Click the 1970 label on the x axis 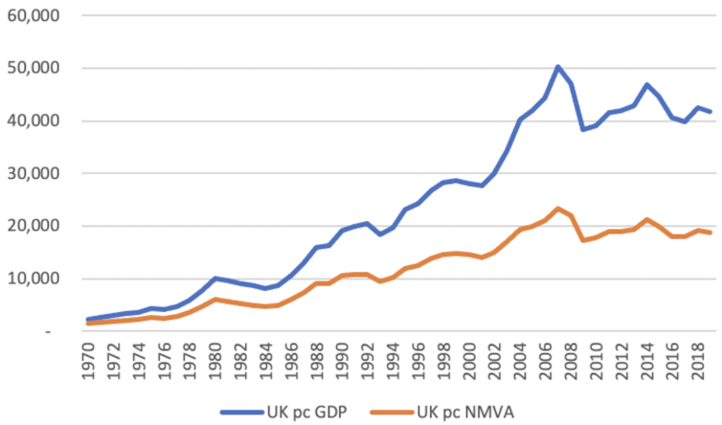(89, 361)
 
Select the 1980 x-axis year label (217, 361)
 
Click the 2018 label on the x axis (696, 361)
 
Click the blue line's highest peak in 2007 (558, 67)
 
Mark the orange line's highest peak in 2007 (558, 209)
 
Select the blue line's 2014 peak (647, 85)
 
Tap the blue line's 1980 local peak (216, 279)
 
